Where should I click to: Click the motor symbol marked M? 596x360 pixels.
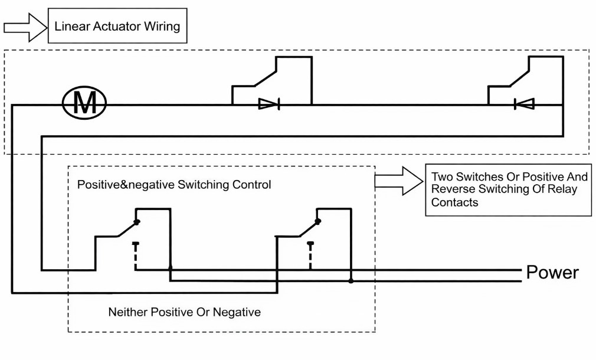point(84,104)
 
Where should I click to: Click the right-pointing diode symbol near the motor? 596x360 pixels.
point(269,104)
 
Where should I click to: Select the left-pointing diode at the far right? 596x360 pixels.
point(524,104)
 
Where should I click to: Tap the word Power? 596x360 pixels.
point(552,273)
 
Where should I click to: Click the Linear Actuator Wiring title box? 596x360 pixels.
point(117,26)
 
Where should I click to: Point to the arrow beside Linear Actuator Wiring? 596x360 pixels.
point(25,27)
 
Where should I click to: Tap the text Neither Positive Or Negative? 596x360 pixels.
point(184,312)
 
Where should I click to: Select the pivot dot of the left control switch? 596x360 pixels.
point(137,222)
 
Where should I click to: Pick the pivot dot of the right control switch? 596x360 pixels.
point(318,222)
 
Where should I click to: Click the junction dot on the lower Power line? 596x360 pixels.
point(351,281)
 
